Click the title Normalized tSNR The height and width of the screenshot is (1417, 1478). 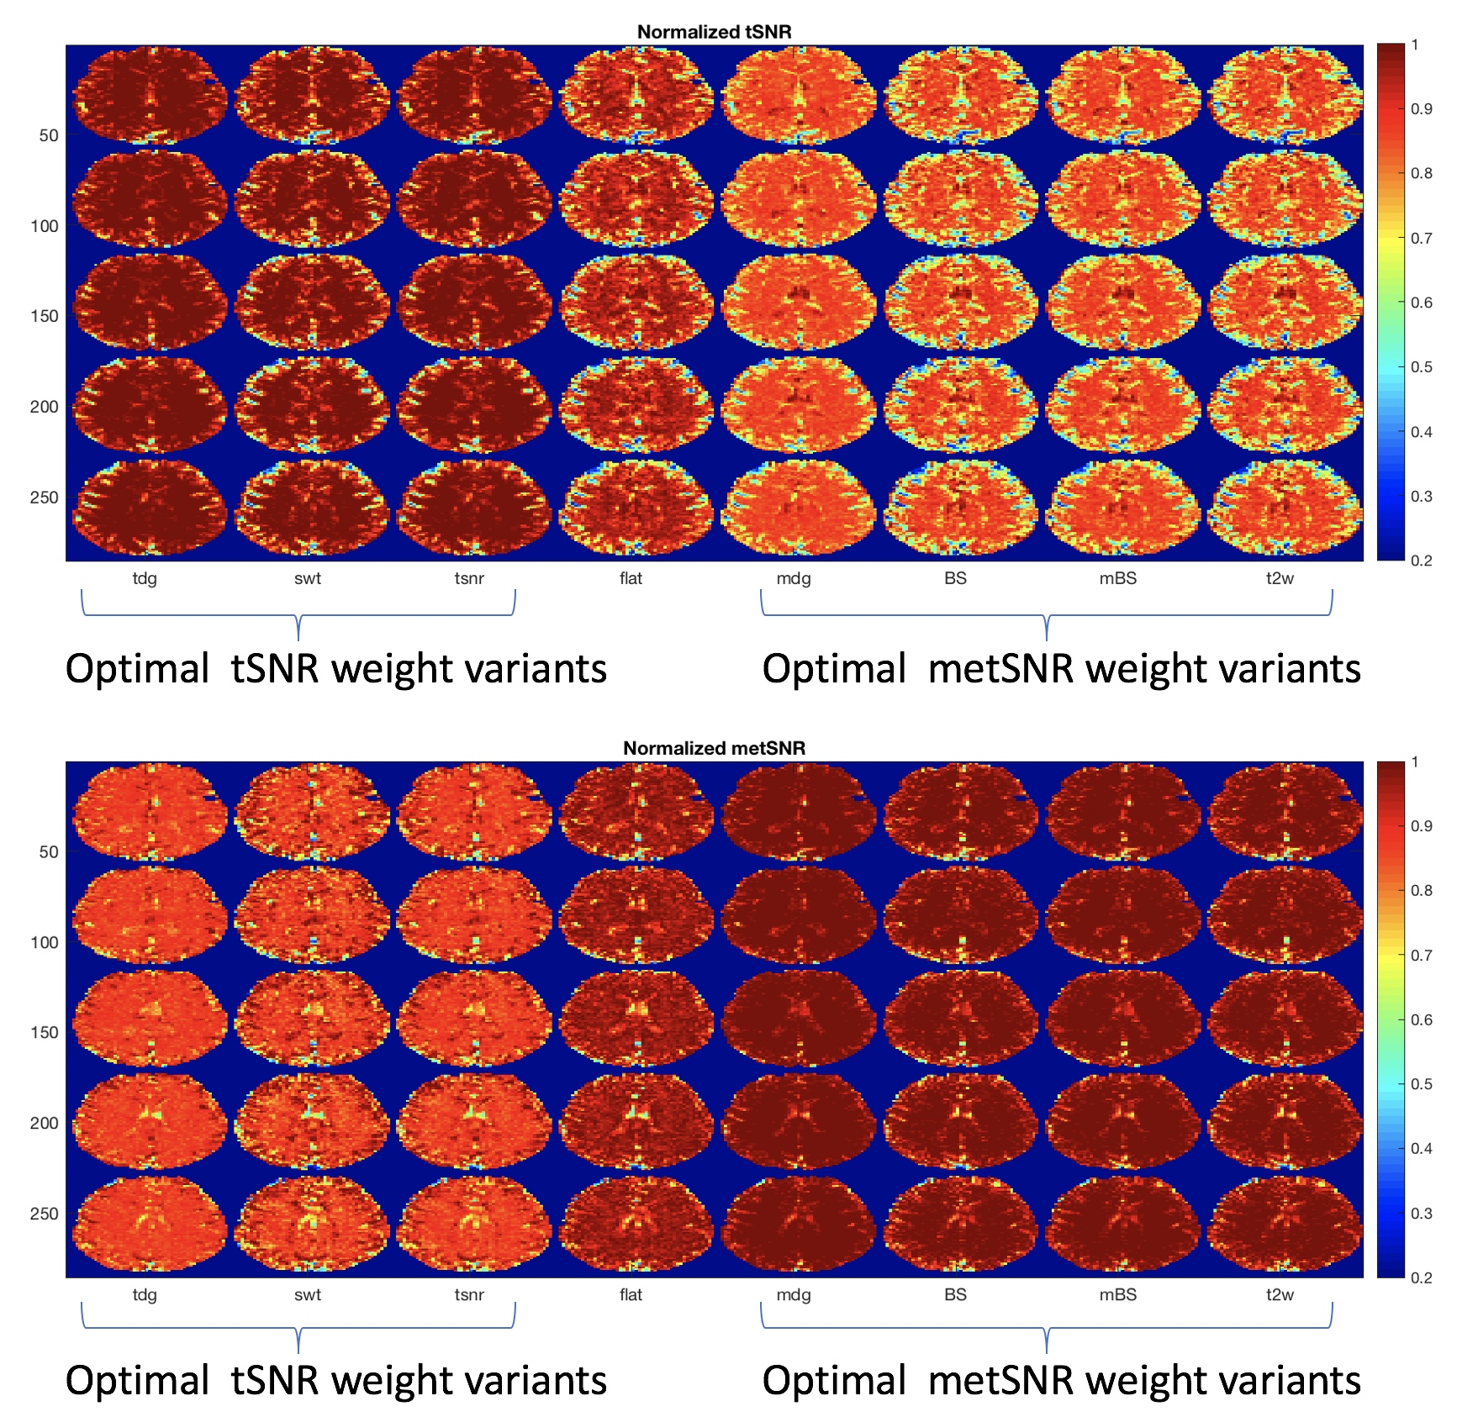click(714, 32)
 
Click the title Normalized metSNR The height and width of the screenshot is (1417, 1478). click(714, 748)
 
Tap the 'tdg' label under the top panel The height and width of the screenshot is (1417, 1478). click(145, 578)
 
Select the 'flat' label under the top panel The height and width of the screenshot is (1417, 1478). click(631, 578)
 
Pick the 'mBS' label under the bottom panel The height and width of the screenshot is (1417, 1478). click(1117, 1295)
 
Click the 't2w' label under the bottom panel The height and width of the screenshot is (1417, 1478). click(1280, 1295)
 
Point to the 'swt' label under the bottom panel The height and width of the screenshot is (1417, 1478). click(307, 1295)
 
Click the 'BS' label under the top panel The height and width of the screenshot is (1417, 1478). click(955, 578)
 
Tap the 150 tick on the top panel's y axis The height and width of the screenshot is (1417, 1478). click(44, 316)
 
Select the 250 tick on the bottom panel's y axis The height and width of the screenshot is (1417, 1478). click(44, 1214)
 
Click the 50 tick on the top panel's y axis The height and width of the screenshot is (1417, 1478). click(49, 135)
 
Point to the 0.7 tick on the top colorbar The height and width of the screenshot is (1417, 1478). click(1422, 238)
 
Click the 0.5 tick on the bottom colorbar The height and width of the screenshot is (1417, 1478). click(1422, 1084)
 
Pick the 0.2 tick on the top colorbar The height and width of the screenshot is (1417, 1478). click(1422, 561)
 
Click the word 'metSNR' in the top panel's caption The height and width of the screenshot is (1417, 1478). click(1001, 670)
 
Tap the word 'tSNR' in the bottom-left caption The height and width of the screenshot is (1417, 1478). click(275, 1382)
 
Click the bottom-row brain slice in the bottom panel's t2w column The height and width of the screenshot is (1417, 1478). click(1285, 1225)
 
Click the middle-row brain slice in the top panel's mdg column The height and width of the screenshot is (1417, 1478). click(799, 302)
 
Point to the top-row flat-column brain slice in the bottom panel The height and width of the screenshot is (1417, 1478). click(636, 813)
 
